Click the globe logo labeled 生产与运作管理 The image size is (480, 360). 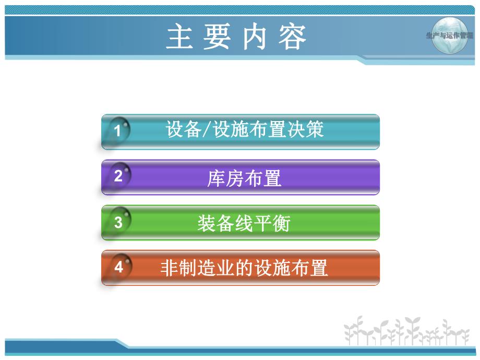click(450, 35)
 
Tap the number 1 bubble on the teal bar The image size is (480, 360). click(118, 130)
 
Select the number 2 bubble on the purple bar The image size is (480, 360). click(118, 176)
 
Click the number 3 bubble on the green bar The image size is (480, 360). click(118, 222)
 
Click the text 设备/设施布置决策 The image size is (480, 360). click(245, 129)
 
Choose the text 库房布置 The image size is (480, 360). click(245, 178)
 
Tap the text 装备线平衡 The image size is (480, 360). click(244, 223)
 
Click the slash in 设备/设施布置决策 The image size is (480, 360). click(205, 129)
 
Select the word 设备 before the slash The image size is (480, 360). click(183, 129)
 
